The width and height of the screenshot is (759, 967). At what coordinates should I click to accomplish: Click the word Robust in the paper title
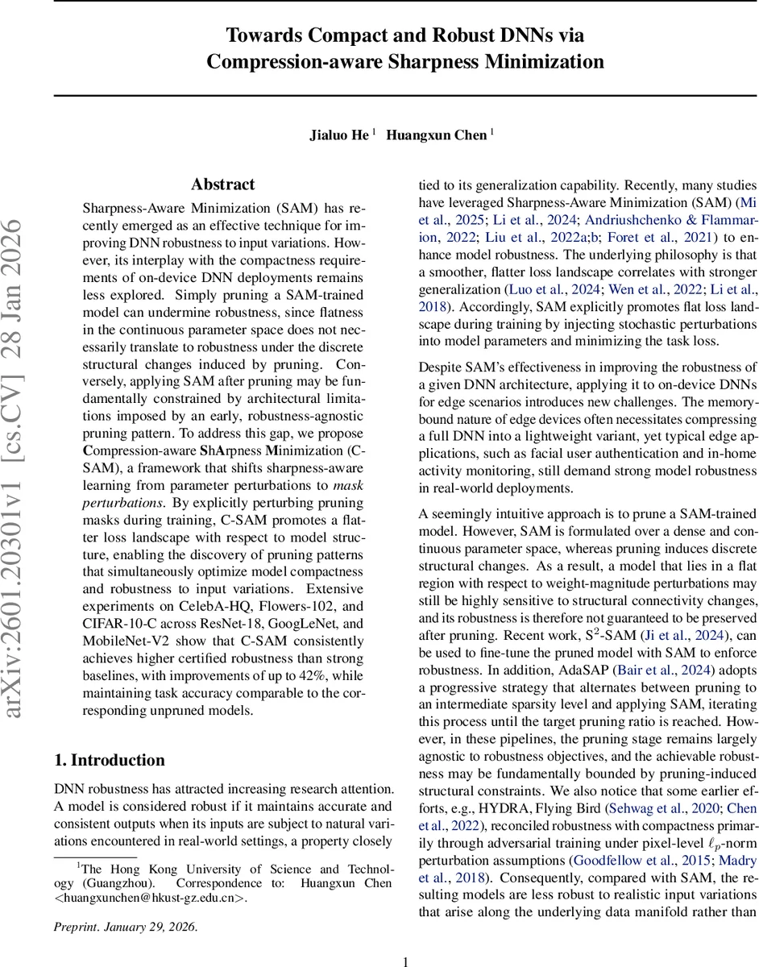coord(474,35)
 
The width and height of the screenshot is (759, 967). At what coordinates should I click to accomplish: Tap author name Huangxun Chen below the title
coord(437,135)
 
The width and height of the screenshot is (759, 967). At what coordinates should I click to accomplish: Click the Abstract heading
coord(222,185)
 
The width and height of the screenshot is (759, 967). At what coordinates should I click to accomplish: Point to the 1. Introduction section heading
coord(110,760)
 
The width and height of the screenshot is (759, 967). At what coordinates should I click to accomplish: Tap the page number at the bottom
coord(406,960)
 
